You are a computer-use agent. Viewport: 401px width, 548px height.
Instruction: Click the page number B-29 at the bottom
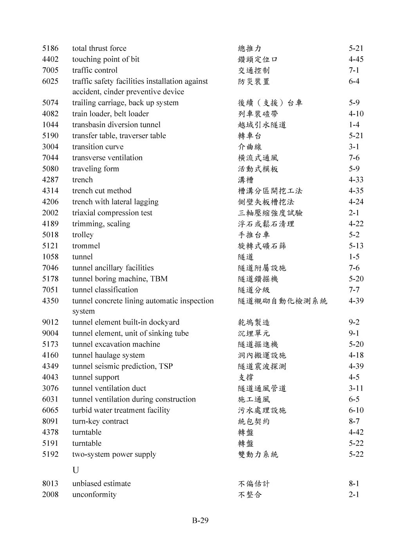click(200, 521)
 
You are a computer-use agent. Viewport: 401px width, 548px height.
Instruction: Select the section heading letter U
click(76, 470)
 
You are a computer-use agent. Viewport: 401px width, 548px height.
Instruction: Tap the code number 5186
click(50, 48)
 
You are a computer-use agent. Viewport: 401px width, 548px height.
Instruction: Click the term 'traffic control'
click(95, 70)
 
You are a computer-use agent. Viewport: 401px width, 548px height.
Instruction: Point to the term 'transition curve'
click(98, 147)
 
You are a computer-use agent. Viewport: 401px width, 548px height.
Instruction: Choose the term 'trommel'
click(86, 246)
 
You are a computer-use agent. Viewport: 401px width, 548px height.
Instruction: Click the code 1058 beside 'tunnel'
click(50, 257)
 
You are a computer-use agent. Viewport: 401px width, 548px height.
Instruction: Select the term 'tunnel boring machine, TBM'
click(120, 279)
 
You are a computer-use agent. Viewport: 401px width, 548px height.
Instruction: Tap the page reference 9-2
click(354, 322)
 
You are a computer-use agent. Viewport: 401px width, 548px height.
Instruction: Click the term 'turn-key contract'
click(100, 421)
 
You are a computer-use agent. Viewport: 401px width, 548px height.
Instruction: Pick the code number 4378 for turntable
click(50, 432)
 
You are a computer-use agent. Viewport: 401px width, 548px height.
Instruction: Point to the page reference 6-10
click(356, 410)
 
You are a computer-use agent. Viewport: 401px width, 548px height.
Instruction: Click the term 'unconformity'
click(94, 494)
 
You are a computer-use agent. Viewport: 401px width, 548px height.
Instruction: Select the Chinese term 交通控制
click(254, 70)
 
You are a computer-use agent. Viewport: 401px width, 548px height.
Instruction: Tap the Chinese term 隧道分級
click(254, 290)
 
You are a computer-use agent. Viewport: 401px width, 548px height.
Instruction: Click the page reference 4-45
click(356, 59)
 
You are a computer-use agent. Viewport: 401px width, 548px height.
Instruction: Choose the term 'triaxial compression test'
click(112, 213)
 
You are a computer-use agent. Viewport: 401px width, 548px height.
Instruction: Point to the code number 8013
click(50, 483)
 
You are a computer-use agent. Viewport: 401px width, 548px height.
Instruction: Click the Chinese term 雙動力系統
click(258, 454)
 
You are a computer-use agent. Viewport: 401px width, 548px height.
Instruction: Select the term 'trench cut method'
click(102, 191)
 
